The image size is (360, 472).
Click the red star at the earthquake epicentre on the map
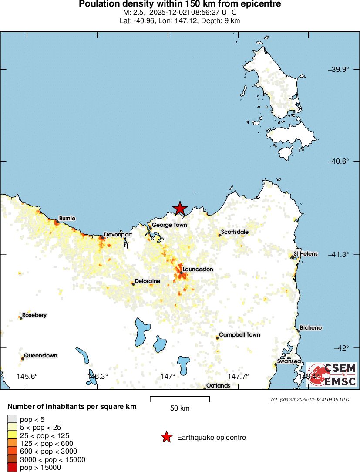click(x=179, y=209)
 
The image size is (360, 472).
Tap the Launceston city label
click(x=198, y=270)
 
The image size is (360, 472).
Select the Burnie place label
click(x=67, y=218)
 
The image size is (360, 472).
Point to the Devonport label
click(x=118, y=234)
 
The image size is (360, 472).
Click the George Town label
click(x=169, y=225)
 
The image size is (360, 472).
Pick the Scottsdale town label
click(x=235, y=232)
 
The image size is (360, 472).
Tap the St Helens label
click(x=306, y=253)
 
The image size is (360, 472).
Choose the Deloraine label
click(x=147, y=281)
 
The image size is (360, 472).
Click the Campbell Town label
click(x=239, y=335)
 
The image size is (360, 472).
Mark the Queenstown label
click(x=40, y=356)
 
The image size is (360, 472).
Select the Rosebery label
click(x=34, y=315)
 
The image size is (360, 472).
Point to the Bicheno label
click(x=311, y=328)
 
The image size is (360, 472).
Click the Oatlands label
click(x=218, y=386)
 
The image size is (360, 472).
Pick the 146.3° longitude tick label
click(x=98, y=376)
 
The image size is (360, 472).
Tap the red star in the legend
click(x=166, y=437)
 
